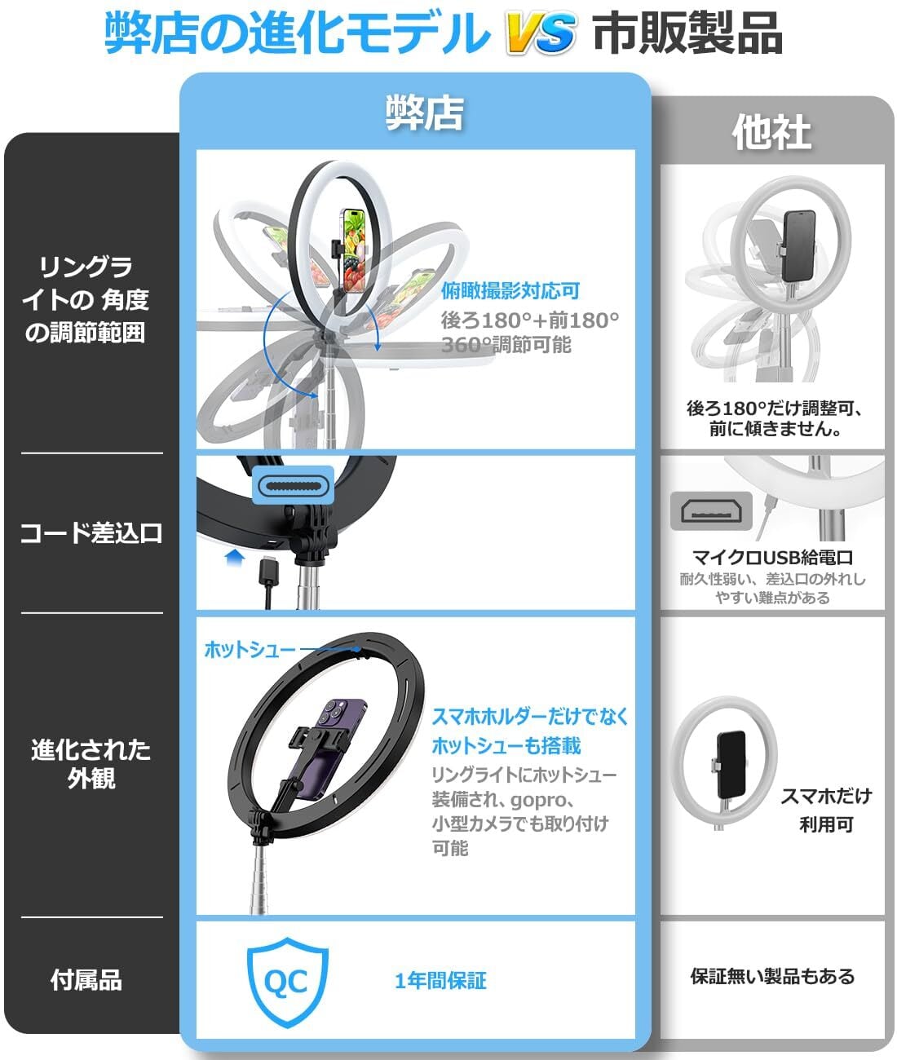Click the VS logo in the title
click(541, 34)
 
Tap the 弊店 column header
click(424, 113)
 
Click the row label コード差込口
click(91, 533)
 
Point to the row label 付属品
click(86, 979)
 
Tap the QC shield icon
click(287, 979)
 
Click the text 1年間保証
click(440, 980)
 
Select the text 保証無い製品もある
click(772, 976)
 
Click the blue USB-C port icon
click(295, 487)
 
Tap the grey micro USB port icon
click(711, 510)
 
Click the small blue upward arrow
click(235, 558)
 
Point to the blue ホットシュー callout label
click(250, 650)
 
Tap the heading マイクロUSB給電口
click(772, 558)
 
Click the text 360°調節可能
click(506, 345)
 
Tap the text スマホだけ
click(825, 796)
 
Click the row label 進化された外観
click(91, 763)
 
